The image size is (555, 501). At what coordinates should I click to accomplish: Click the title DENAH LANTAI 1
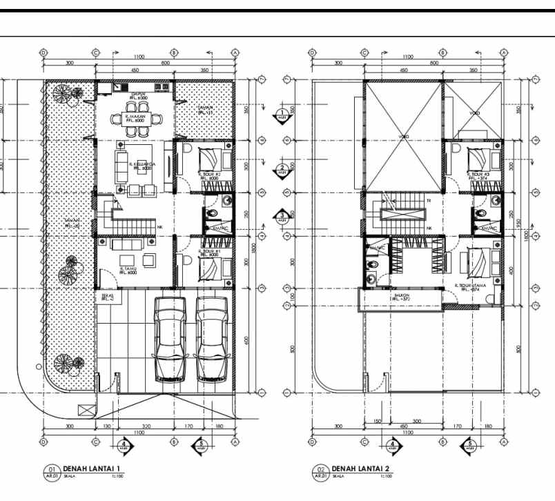90,468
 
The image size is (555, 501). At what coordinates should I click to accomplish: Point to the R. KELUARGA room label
143,165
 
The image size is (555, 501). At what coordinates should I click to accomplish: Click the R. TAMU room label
130,269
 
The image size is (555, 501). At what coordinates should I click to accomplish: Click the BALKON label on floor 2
400,297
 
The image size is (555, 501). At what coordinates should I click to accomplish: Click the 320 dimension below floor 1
146,426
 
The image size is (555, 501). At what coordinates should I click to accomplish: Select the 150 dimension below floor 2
377,421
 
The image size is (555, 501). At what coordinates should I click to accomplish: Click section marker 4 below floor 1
124,446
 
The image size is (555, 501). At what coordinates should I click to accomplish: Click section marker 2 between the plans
282,170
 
